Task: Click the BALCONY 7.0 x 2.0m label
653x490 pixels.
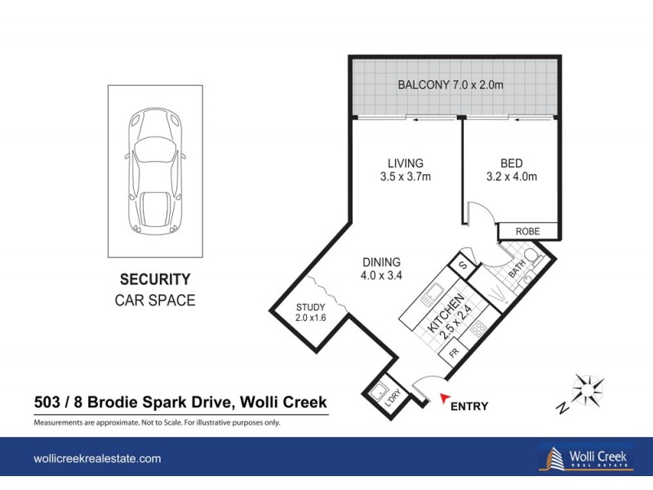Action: [x=455, y=85]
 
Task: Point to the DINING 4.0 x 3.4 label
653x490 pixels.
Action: [x=381, y=269]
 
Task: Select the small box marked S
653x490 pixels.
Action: [x=461, y=265]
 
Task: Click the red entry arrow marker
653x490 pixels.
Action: [x=446, y=399]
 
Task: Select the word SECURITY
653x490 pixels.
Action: [x=155, y=278]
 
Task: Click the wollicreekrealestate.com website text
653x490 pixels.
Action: [x=97, y=460]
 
